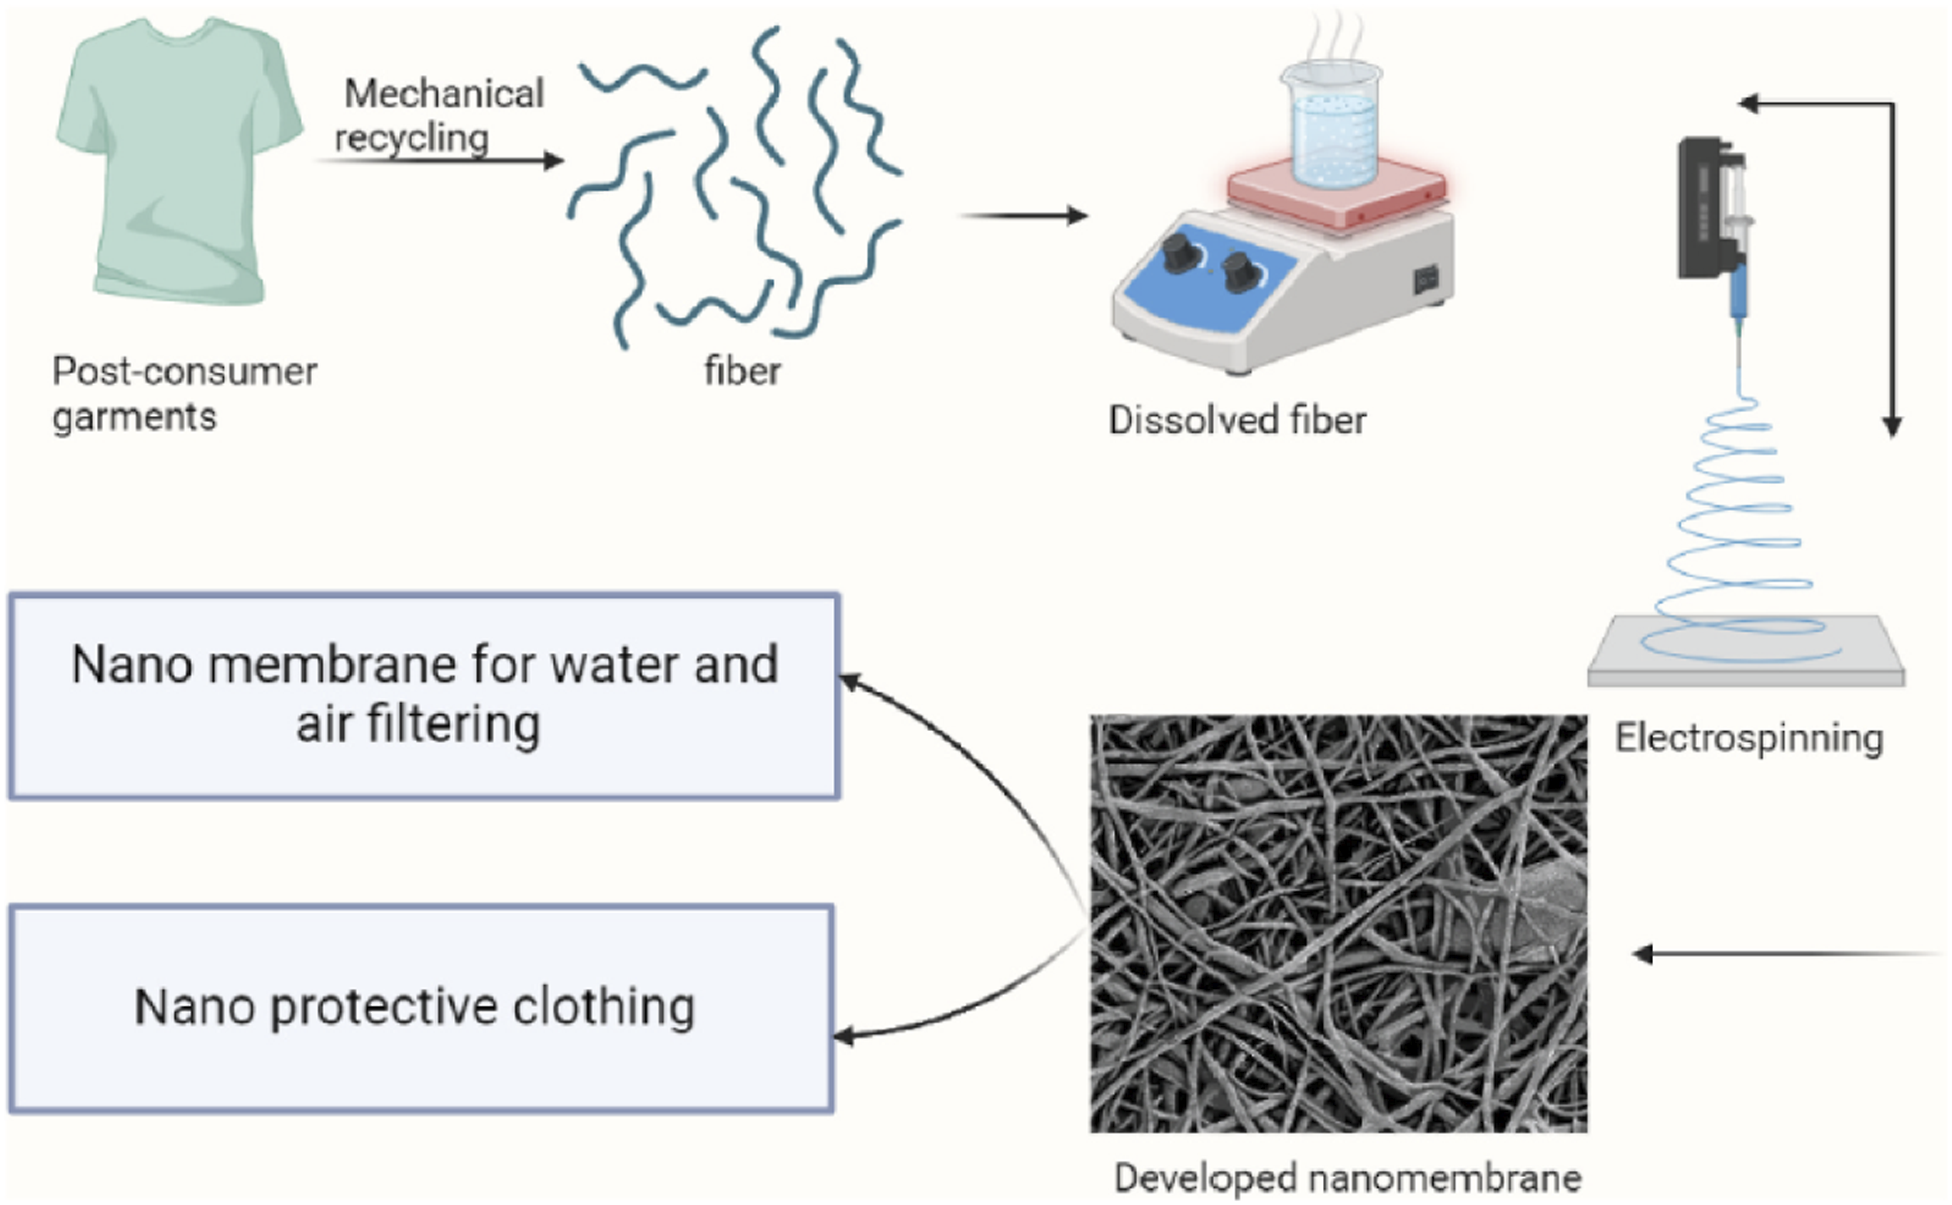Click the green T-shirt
[180, 160]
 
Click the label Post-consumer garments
[184, 393]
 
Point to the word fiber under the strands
[742, 372]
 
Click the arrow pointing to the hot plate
[1024, 215]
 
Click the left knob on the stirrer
[1177, 253]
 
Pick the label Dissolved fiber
[1237, 420]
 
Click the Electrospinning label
[1749, 738]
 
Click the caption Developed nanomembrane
[1347, 1177]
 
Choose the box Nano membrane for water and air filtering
[424, 695]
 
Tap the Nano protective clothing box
[422, 1008]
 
